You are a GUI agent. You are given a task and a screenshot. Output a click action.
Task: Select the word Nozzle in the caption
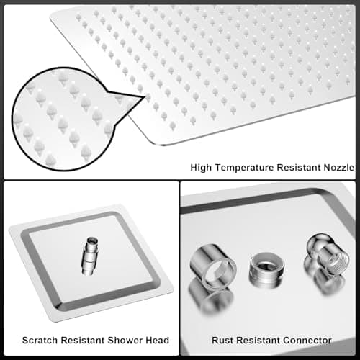[x=339, y=167]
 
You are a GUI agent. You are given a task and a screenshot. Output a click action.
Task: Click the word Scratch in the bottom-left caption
[x=40, y=340]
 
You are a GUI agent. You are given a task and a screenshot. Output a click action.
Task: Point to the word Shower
[x=125, y=340]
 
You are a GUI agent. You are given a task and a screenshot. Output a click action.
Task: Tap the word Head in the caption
[x=158, y=340]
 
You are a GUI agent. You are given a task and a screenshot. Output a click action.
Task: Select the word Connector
[x=307, y=340]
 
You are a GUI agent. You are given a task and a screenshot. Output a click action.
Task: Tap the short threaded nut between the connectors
[x=267, y=269]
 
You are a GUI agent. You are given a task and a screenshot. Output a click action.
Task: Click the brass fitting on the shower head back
[x=90, y=256]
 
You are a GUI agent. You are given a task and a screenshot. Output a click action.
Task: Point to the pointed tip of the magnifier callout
[x=145, y=97]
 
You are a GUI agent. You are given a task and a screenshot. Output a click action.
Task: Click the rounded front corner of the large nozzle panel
[x=159, y=143]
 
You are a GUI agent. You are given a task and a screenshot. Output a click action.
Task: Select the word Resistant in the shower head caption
[x=83, y=340]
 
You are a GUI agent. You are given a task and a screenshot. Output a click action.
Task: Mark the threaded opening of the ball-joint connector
[x=337, y=262]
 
